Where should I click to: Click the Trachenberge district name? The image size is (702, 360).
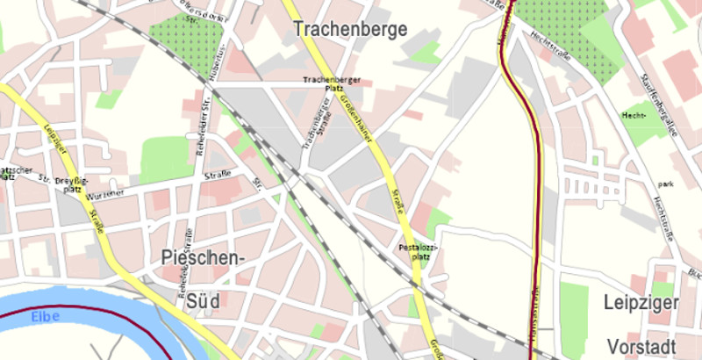tap(352, 29)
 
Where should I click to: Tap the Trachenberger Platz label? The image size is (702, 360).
tap(321, 83)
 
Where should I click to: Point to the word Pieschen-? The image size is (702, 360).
tap(201, 257)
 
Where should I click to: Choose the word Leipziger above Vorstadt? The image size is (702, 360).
tap(641, 304)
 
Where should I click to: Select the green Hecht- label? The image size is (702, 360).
tap(633, 115)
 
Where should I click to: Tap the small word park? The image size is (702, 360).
tap(667, 185)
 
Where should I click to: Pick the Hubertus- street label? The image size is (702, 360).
tap(225, 58)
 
